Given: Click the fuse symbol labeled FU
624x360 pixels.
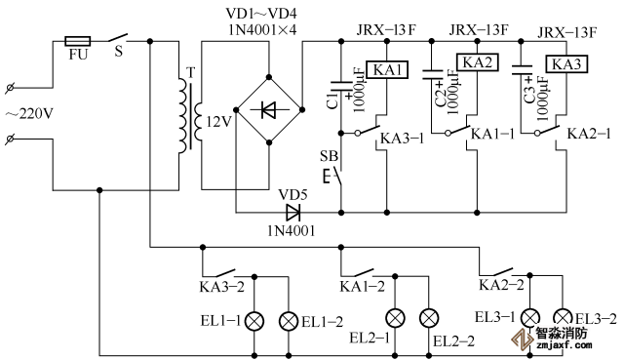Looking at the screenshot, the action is point(78,41).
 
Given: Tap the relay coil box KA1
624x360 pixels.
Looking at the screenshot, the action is point(387,70).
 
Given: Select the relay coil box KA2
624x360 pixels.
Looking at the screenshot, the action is point(477,62).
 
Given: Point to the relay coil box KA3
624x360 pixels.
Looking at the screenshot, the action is point(566,63).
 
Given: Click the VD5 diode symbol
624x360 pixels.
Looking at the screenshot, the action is point(293,213).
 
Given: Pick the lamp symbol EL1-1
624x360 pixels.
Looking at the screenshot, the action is point(254,321).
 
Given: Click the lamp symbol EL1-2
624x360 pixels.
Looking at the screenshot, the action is point(289,321).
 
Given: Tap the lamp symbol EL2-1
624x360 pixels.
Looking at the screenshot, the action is point(395,318).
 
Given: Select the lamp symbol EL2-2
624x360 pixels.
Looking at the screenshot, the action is point(429,318).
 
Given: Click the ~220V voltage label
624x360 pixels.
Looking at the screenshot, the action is point(29,114).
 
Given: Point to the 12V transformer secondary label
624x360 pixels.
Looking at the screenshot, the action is point(218,122).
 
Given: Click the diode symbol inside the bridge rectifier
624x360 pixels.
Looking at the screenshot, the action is point(269,109).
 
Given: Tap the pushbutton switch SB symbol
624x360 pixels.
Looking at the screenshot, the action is point(333,176).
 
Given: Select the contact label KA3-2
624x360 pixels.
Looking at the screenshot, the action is point(221,287).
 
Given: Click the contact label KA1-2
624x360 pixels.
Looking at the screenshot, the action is point(362,286).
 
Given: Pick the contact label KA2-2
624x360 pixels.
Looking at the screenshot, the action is point(501,285).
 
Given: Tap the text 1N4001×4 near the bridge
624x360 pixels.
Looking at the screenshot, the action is point(262,30).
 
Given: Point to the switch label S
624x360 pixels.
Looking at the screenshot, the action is point(119,52).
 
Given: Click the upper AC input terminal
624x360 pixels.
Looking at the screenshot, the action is point(10,88).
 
